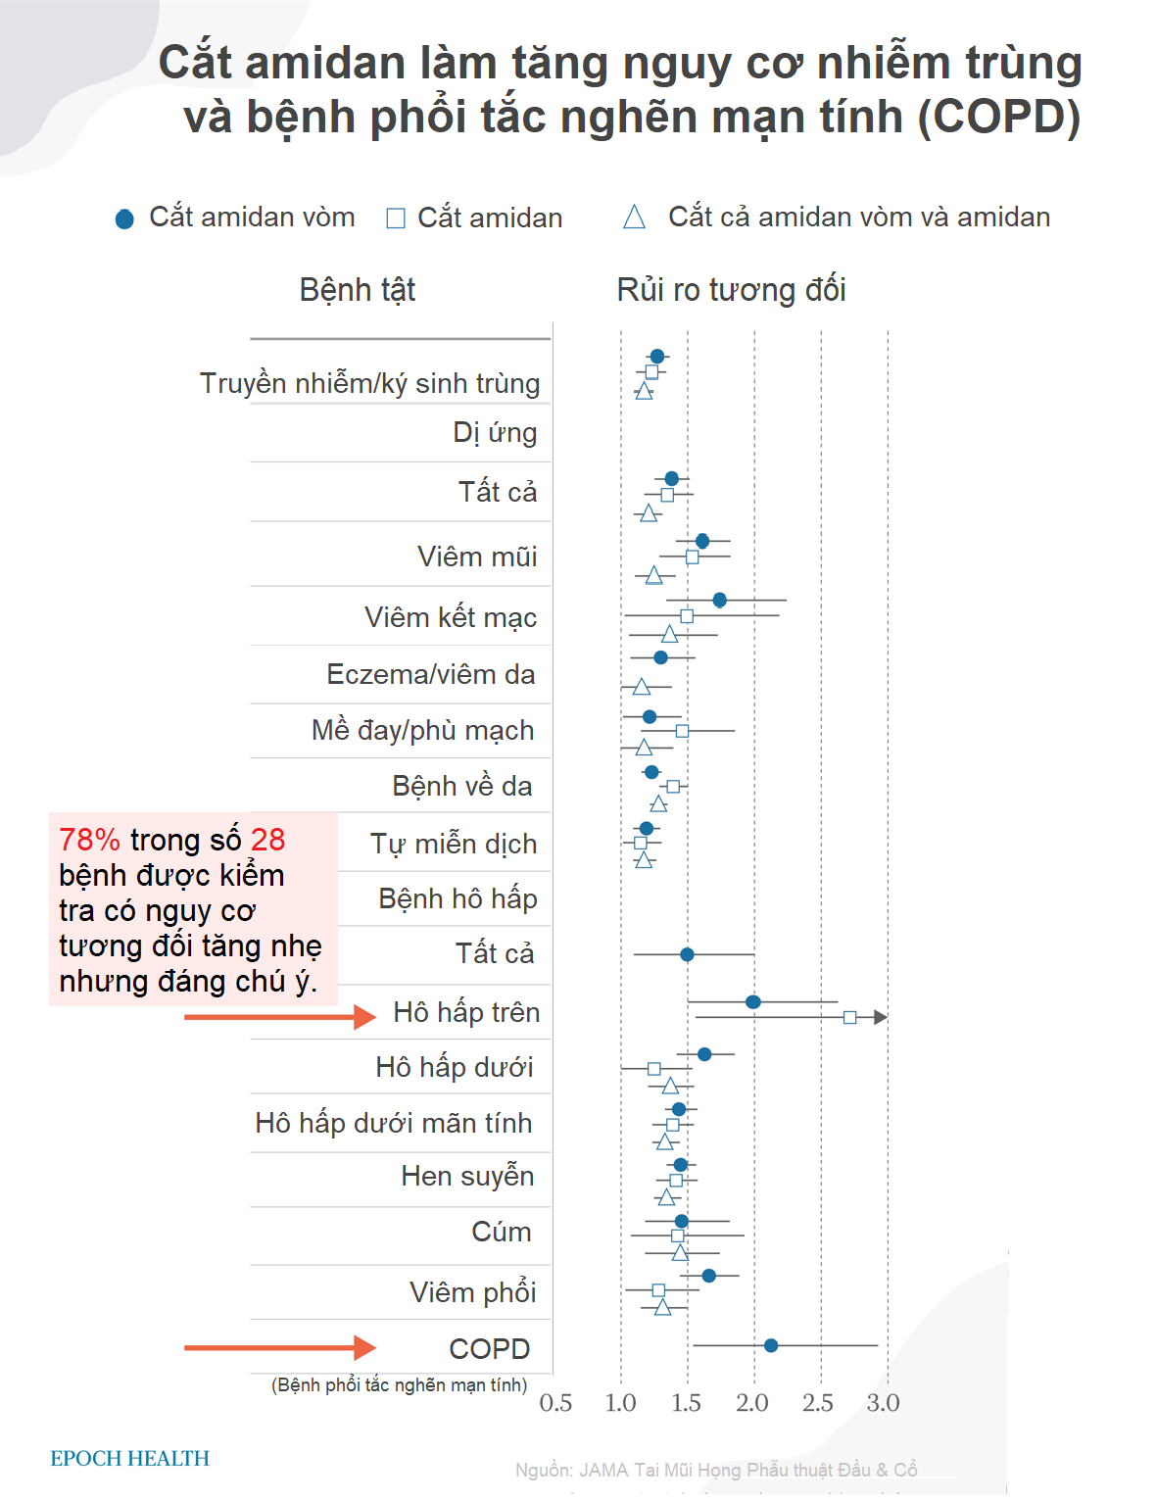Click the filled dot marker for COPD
click(x=771, y=1345)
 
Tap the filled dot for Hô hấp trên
click(x=752, y=1001)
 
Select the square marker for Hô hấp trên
click(x=849, y=1017)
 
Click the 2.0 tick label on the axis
click(x=752, y=1403)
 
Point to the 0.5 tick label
click(x=555, y=1403)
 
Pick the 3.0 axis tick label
click(x=883, y=1403)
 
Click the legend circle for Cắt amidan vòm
click(x=124, y=218)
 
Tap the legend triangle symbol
click(x=634, y=218)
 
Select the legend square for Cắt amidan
click(x=396, y=218)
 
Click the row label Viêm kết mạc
click(x=451, y=617)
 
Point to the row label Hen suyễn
click(x=467, y=1176)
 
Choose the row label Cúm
click(x=502, y=1232)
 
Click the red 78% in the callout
click(x=89, y=840)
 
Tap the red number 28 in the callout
click(x=267, y=840)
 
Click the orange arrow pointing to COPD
click(x=279, y=1348)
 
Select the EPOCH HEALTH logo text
click(x=130, y=1458)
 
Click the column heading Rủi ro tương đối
click(x=731, y=290)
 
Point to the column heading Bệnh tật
click(x=358, y=290)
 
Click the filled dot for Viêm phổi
click(x=708, y=1275)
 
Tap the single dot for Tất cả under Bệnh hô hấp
click(x=687, y=954)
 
